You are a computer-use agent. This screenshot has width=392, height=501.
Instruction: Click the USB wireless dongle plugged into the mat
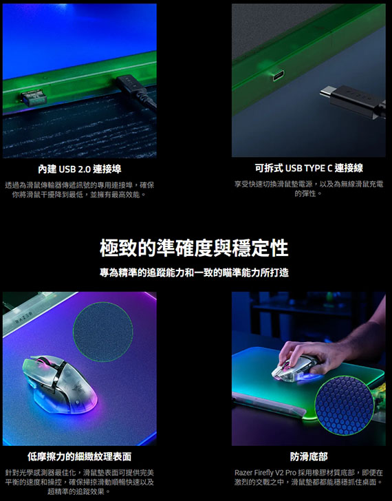coord(34,98)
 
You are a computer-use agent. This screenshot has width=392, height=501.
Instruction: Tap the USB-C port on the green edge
coord(279,76)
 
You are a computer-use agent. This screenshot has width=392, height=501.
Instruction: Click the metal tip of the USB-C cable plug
coord(326,93)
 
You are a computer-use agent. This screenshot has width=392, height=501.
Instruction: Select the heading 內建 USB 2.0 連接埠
coord(80,169)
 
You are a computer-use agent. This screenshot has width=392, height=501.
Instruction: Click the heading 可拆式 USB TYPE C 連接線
coord(309,168)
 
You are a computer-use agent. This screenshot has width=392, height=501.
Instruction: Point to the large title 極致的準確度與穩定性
coord(194,248)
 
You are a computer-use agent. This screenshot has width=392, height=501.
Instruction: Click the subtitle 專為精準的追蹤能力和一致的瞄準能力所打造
coord(194,273)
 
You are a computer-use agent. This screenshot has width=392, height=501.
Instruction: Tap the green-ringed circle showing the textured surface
coord(103,332)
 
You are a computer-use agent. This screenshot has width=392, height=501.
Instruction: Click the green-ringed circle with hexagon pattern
coord(344,405)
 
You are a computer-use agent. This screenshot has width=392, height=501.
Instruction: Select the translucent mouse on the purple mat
coord(60,383)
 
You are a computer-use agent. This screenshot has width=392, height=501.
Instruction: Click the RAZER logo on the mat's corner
coord(24,318)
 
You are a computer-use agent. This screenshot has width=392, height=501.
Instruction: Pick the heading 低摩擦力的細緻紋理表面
coord(80,457)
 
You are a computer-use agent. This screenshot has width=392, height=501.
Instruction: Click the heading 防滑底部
coord(309,457)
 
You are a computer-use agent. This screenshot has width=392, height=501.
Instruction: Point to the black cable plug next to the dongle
coord(138,92)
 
